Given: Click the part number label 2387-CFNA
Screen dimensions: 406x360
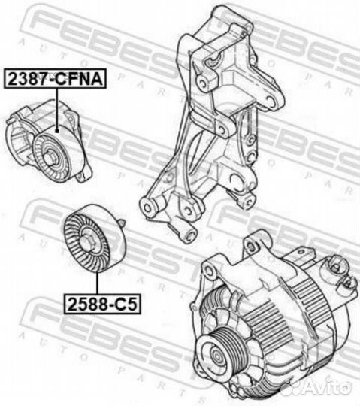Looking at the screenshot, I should pyautogui.click(x=56, y=77).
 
